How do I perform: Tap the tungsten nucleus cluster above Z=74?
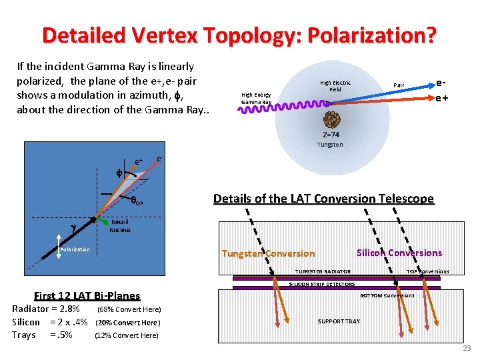coord(330,120)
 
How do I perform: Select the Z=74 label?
coord(330,135)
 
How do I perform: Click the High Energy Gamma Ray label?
coord(256,99)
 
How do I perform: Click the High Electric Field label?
coord(335,86)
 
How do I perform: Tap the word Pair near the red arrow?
coord(399,85)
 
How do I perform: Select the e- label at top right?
coord(441,84)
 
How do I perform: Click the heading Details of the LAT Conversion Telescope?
coord(323,199)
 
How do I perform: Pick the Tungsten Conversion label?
coord(268,253)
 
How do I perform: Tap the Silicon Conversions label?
coord(399,253)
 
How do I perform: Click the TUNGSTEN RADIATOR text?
coord(323,271)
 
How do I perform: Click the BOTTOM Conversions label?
coord(387,295)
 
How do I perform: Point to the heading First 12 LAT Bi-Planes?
coord(87,296)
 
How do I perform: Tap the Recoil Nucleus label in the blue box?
coord(119,226)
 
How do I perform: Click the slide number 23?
coord(467,348)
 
